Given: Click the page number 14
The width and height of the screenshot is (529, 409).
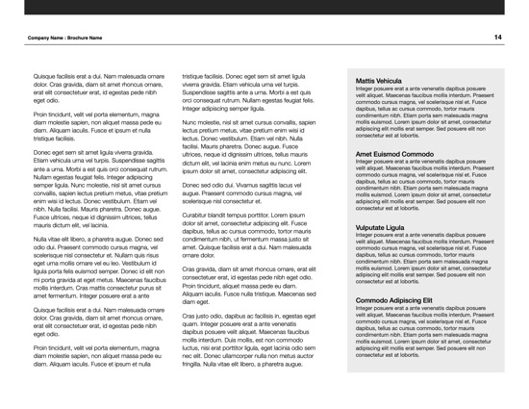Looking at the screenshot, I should coord(498,37).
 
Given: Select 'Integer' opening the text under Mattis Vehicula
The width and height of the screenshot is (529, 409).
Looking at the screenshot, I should coord(366,89).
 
